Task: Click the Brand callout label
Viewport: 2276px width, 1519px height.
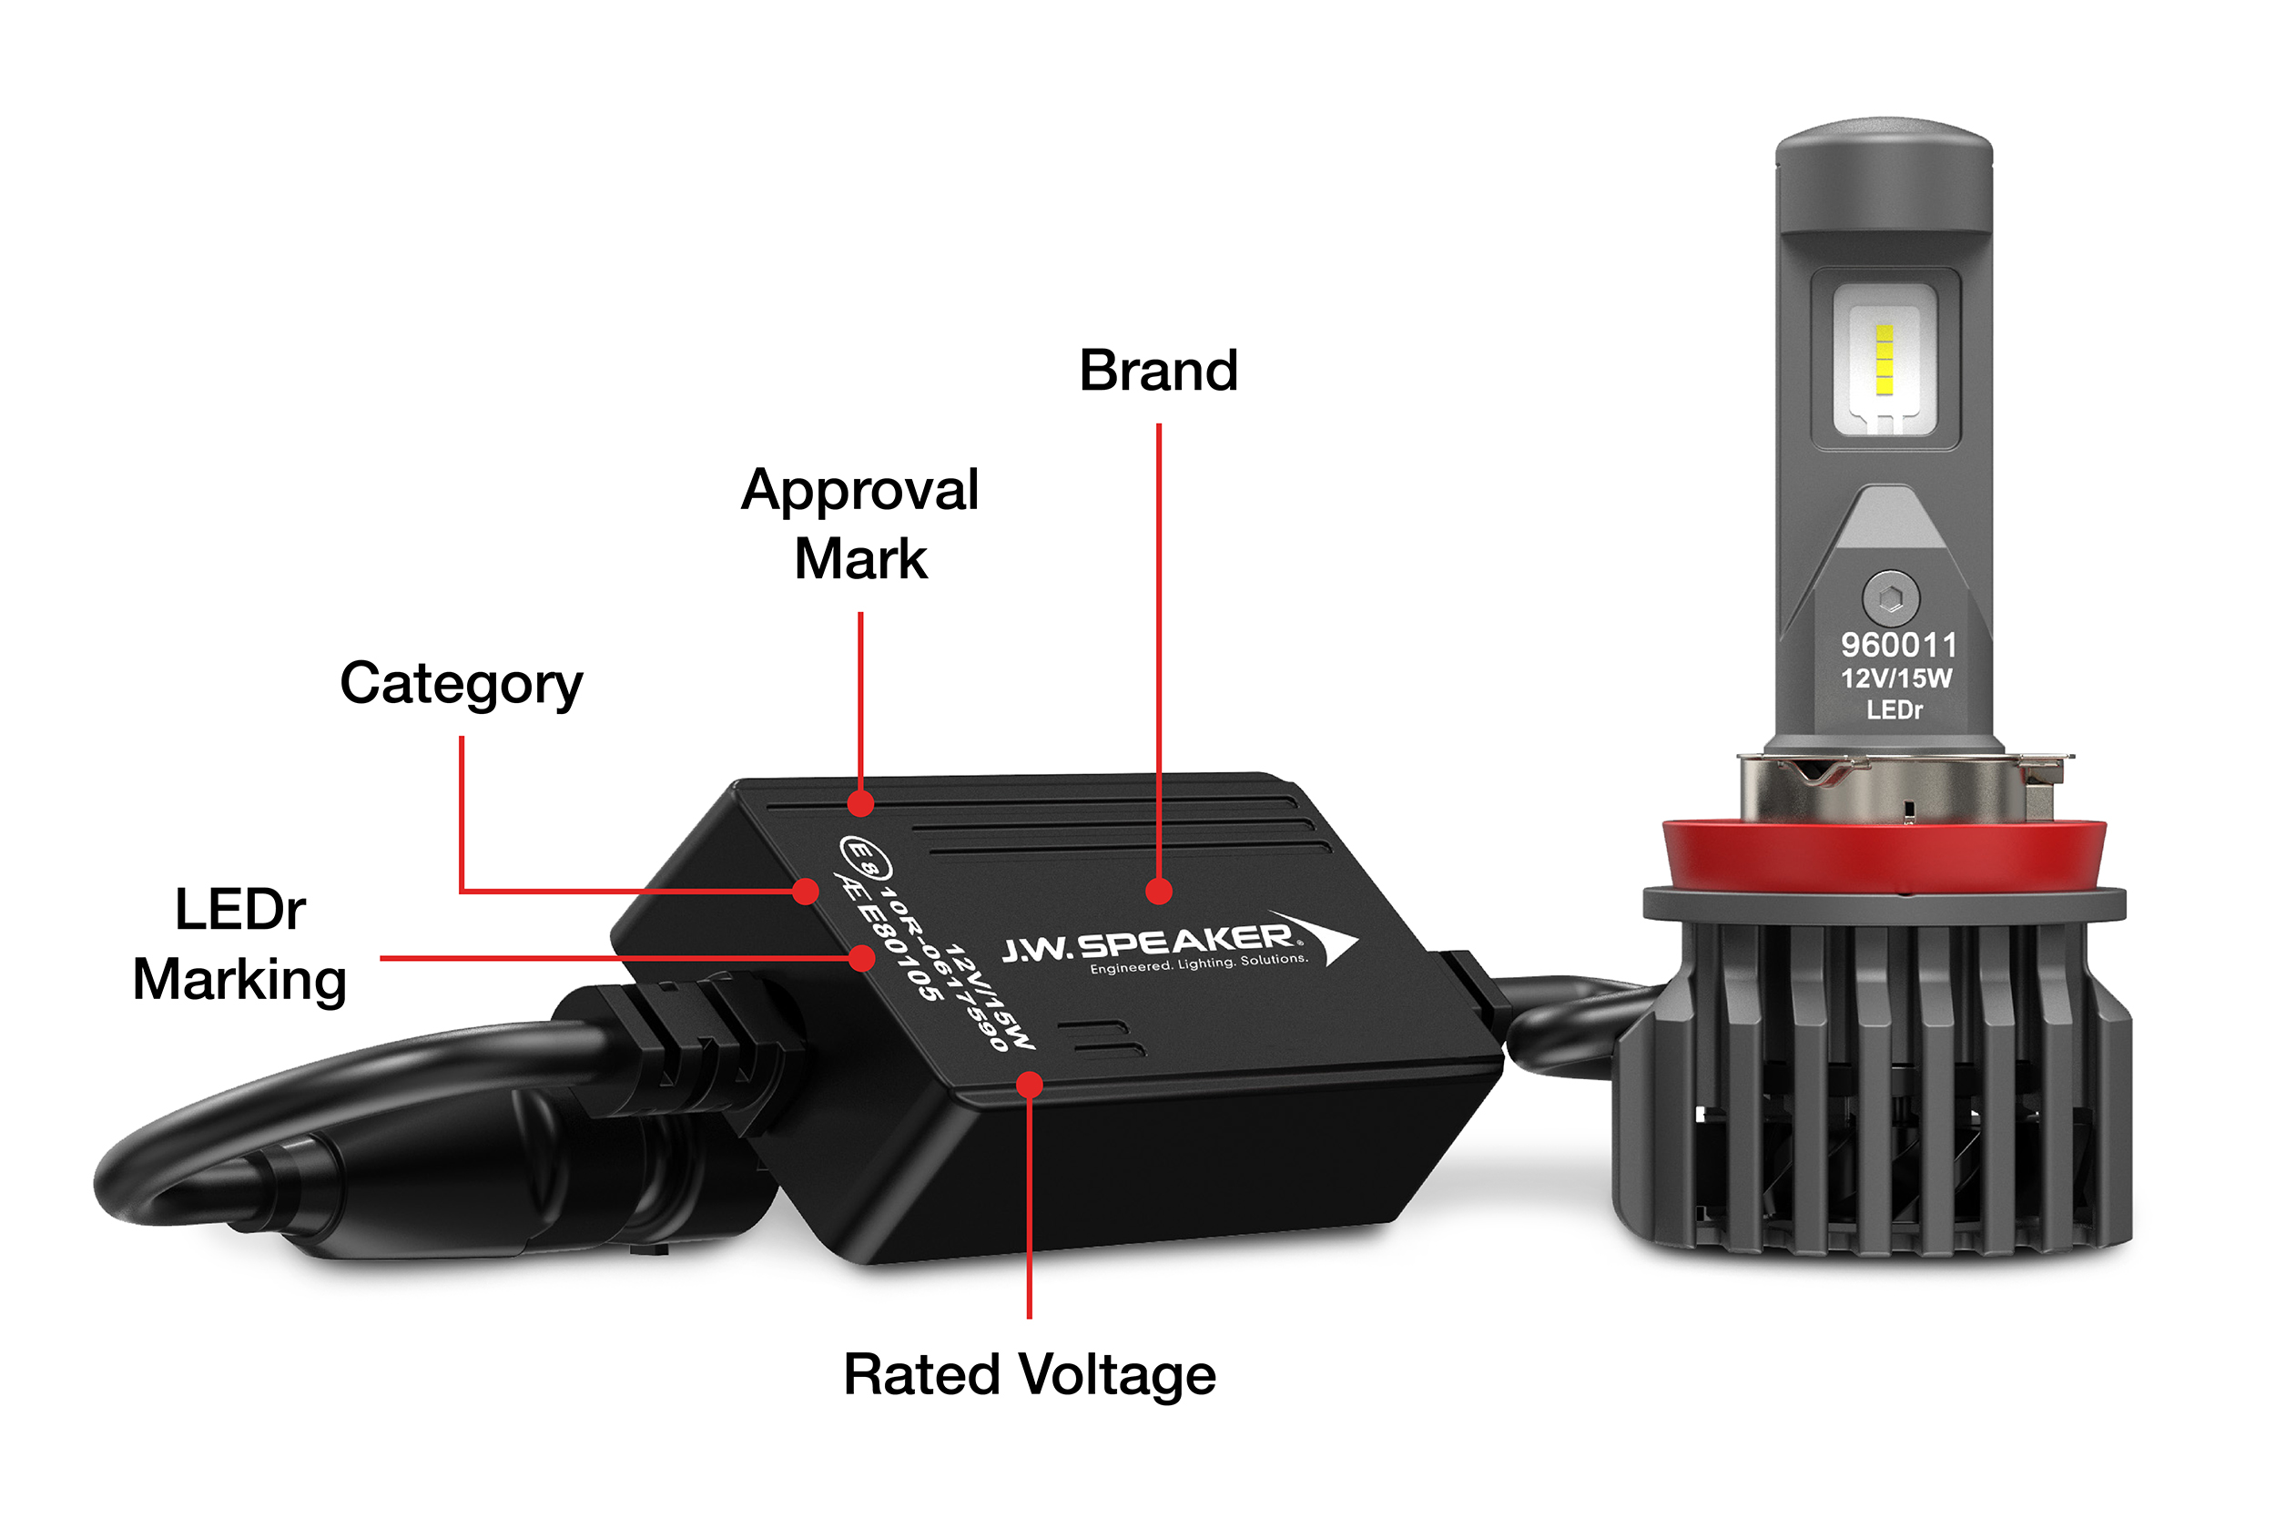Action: pyautogui.click(x=1158, y=370)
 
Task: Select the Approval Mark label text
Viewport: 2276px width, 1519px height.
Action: pyautogui.click(x=860, y=525)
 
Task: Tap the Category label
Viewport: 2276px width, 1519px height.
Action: pyautogui.click(x=461, y=685)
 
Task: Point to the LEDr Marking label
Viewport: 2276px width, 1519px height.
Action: pyautogui.click(x=239, y=944)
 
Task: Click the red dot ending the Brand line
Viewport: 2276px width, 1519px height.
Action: pyautogui.click(x=1158, y=892)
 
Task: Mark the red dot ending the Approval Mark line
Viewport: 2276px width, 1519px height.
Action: pyautogui.click(x=860, y=803)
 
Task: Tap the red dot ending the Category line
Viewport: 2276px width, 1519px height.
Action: pyautogui.click(x=805, y=892)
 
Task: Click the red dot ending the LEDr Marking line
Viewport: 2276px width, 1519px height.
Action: pyautogui.click(x=861, y=958)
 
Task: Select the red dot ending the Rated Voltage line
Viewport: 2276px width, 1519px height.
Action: pyautogui.click(x=1030, y=1085)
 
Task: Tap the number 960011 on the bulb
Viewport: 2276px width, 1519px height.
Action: pyautogui.click(x=1898, y=645)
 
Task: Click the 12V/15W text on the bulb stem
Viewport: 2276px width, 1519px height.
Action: pyautogui.click(x=1896, y=678)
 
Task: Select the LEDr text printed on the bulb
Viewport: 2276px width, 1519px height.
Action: pyautogui.click(x=1895, y=710)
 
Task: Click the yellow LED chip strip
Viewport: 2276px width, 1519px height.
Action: pyautogui.click(x=1884, y=361)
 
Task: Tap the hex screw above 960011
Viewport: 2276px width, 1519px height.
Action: pyautogui.click(x=1891, y=597)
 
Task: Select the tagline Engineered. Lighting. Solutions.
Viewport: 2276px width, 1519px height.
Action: pyautogui.click(x=1199, y=963)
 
